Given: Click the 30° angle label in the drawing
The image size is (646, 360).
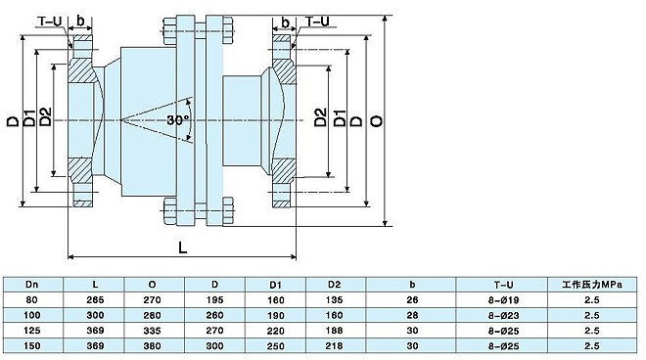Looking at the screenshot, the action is point(177,120).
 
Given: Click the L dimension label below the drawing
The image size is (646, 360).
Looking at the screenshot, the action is point(182,247).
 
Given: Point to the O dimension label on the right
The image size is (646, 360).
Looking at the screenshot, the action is point(377,120).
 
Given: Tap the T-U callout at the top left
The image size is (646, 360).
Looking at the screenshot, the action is point(50,21).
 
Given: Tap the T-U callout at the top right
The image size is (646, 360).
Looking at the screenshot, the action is point(318,22).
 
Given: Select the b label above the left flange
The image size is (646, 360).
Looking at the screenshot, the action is point(80,21).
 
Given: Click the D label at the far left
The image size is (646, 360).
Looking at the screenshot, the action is point(13,121).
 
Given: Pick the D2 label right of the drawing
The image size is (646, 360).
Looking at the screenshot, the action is point(320,117).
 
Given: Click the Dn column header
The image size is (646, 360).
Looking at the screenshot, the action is point(31,285).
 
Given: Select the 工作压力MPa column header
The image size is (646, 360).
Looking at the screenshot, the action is point(592,285).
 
